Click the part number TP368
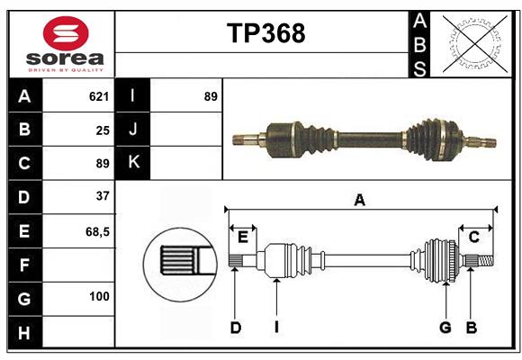(x=265, y=33)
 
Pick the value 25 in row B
(x=102, y=130)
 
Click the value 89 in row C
(x=102, y=164)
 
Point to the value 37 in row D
(x=102, y=196)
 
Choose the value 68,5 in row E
(x=97, y=231)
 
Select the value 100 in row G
(x=99, y=296)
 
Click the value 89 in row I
(x=210, y=96)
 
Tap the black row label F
(x=24, y=265)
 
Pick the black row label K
(x=133, y=162)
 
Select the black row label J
(x=133, y=130)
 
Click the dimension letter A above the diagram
(x=360, y=200)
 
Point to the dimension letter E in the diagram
(x=242, y=237)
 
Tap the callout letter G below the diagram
(x=445, y=328)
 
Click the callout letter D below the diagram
(x=236, y=328)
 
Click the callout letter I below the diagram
(x=277, y=328)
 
